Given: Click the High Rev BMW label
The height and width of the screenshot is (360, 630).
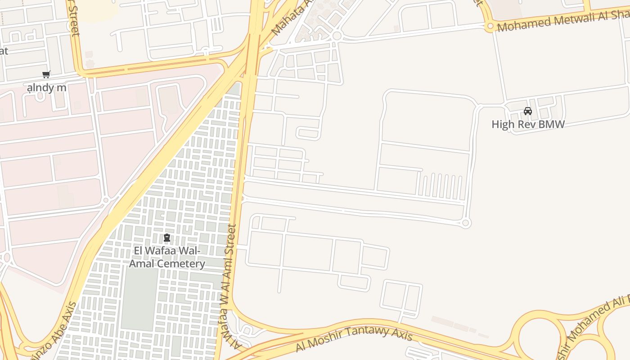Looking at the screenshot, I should (528, 124).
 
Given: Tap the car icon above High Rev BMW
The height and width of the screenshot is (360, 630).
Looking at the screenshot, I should (528, 111).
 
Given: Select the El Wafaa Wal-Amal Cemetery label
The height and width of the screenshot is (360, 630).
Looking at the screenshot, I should (167, 257).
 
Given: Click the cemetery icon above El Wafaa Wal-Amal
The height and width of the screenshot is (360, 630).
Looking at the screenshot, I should (167, 237).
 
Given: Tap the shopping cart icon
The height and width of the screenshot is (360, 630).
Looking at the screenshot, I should (46, 74).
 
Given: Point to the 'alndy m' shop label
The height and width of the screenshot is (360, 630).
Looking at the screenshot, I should (46, 87).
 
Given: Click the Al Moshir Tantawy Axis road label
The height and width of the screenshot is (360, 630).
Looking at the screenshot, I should (354, 338).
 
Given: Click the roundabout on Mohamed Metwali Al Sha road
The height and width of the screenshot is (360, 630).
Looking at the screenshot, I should (490, 27).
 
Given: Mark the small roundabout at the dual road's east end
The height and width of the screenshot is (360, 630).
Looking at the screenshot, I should (466, 223).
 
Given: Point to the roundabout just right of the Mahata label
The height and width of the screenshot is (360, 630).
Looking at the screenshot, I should (337, 35).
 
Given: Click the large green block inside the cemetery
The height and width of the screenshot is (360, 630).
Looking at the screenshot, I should (139, 292).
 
